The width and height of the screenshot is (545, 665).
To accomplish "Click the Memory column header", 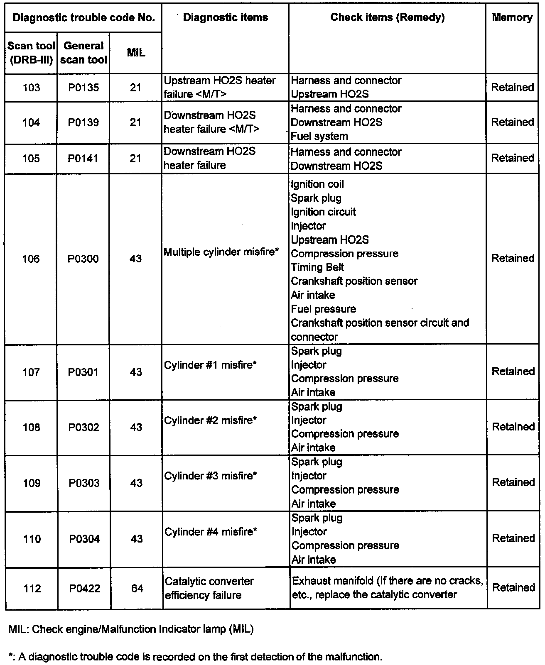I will tap(512, 17).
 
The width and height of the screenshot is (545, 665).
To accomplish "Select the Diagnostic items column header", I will tap(225, 17).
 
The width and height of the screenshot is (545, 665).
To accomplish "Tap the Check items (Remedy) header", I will tap(387, 17).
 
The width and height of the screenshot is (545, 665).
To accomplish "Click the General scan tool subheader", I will tap(83, 53).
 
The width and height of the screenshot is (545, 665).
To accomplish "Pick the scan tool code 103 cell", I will tap(31, 88).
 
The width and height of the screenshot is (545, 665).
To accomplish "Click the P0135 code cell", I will tap(83, 88).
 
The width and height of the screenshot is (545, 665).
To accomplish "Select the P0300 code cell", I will tap(83, 259).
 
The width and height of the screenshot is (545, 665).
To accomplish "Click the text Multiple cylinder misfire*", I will tap(221, 252).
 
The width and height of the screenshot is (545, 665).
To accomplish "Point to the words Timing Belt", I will tap(317, 267).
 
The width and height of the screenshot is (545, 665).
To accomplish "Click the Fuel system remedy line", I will tap(319, 136).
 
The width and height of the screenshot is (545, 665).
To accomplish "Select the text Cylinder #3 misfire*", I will tap(211, 476).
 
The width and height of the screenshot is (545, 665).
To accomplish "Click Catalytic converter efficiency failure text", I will tap(209, 588).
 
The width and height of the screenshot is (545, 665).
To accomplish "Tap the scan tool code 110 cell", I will tap(32, 539).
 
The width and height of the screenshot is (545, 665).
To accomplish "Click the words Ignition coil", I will tap(317, 184).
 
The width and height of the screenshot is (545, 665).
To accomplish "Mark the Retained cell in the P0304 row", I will tap(513, 538).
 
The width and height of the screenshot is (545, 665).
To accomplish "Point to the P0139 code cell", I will tap(83, 122).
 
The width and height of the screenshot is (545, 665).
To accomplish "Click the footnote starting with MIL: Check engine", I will tap(131, 629).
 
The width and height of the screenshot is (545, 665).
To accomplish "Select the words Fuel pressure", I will tap(324, 309).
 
